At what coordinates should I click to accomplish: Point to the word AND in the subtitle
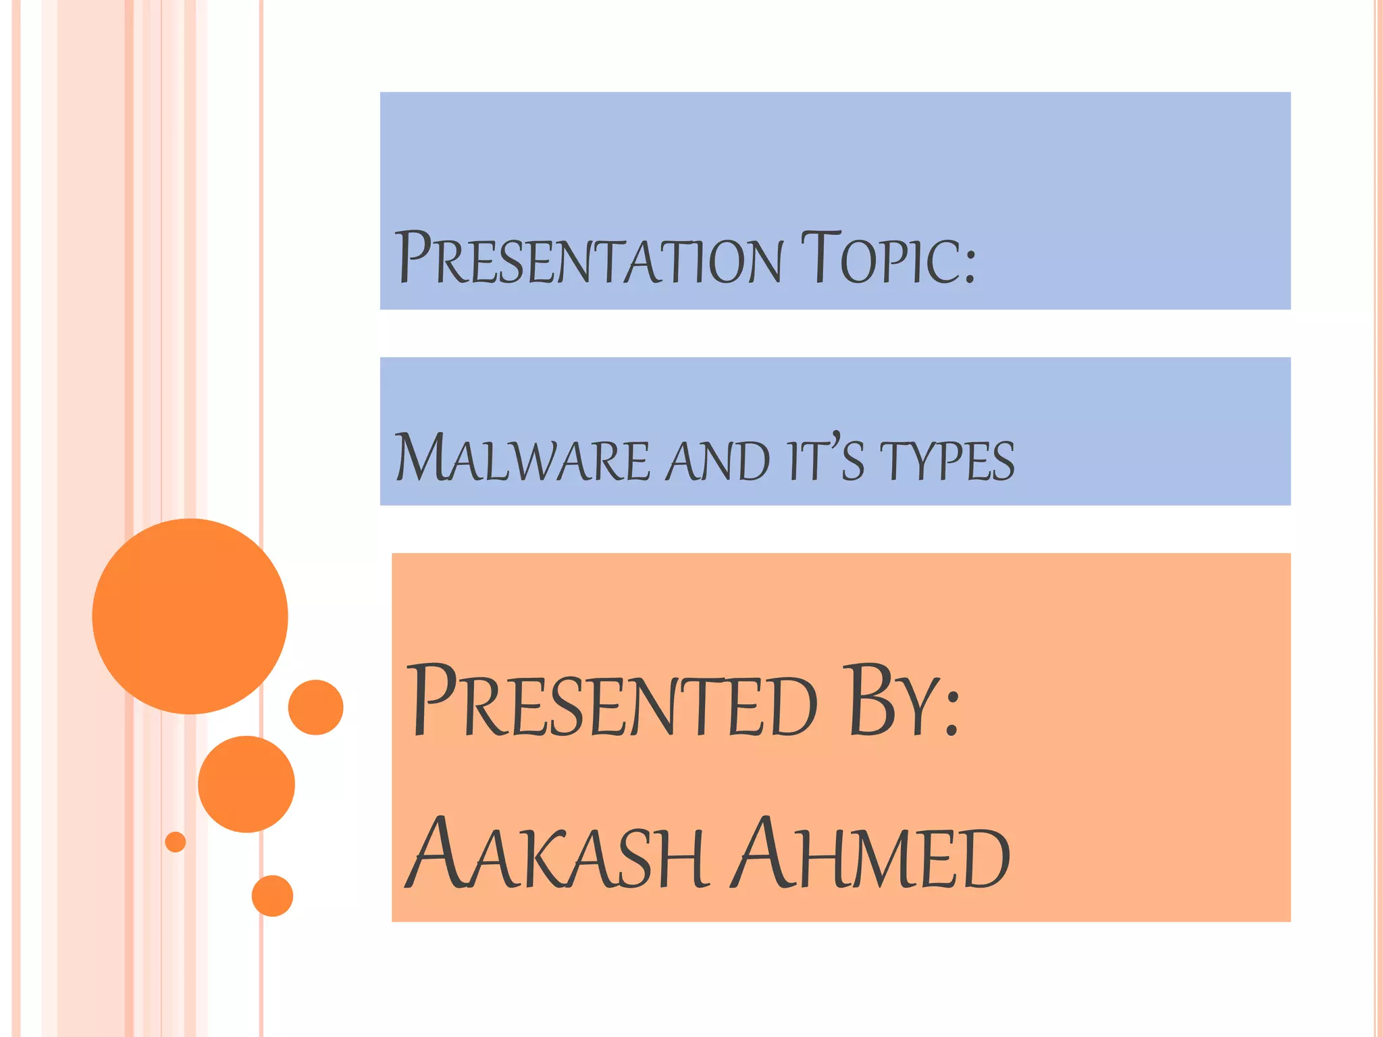[717, 460]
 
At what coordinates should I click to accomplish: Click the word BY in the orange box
[891, 702]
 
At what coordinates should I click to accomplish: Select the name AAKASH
[557, 855]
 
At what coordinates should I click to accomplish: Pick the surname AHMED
[871, 855]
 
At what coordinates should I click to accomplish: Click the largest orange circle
[190, 616]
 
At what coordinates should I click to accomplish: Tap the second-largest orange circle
[246, 784]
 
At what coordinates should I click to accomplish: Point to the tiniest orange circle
[176, 842]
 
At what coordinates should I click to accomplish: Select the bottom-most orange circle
[272, 896]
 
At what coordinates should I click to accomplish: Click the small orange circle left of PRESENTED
[316, 707]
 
